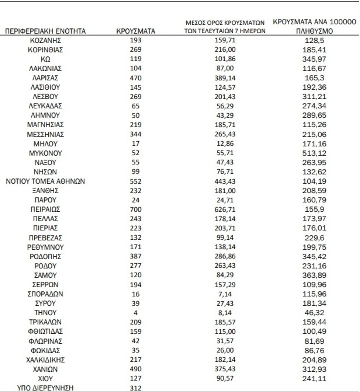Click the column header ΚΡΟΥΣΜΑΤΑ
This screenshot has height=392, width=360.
(x=136, y=31)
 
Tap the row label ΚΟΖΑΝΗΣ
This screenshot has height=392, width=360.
(x=45, y=40)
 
